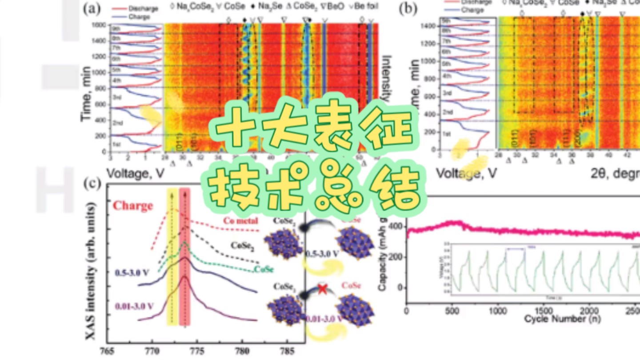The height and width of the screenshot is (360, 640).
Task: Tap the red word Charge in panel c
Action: click(133, 206)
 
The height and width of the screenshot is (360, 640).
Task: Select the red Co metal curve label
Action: click(240, 221)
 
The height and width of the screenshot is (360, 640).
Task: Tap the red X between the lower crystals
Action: click(322, 289)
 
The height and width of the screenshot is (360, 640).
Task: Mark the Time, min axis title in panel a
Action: click(87, 94)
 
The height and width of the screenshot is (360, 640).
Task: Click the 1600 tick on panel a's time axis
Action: click(99, 25)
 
